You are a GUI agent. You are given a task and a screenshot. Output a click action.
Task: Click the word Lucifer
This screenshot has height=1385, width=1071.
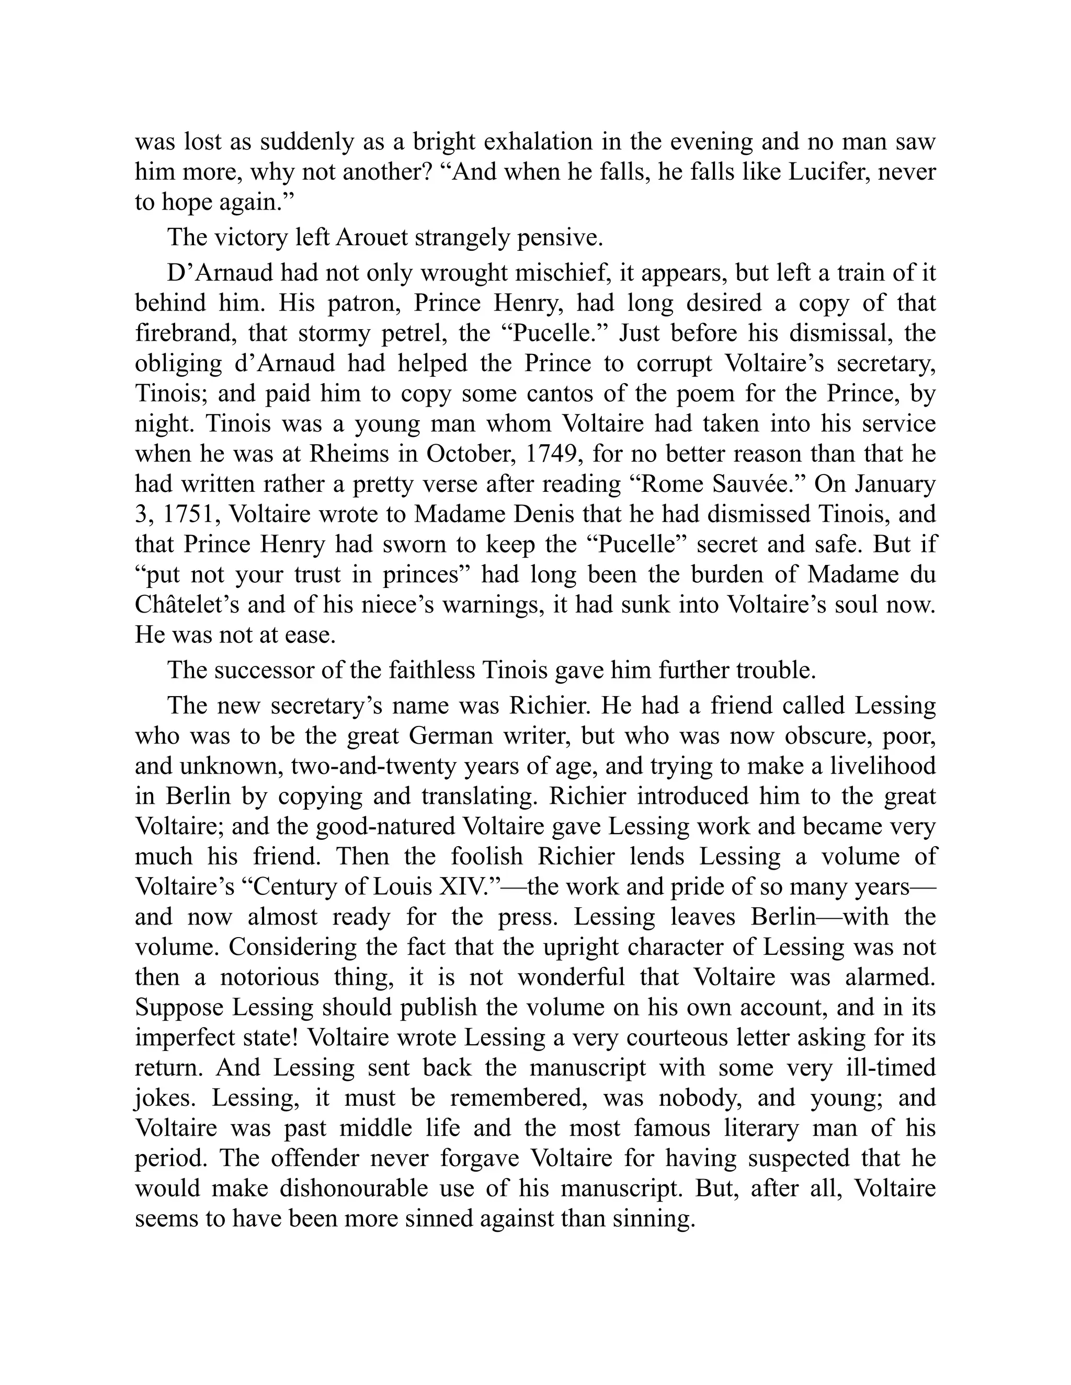[828, 172]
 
